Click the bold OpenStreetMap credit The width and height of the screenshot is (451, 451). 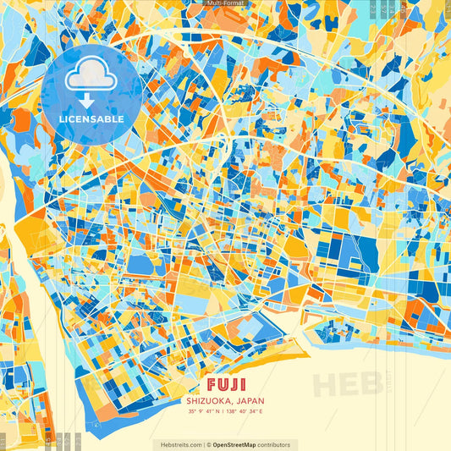point(240,444)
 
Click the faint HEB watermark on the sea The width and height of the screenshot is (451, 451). point(346,383)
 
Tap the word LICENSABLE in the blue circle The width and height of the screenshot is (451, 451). point(91,119)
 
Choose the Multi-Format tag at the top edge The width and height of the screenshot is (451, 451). point(226,3)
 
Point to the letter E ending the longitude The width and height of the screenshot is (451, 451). point(261,412)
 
